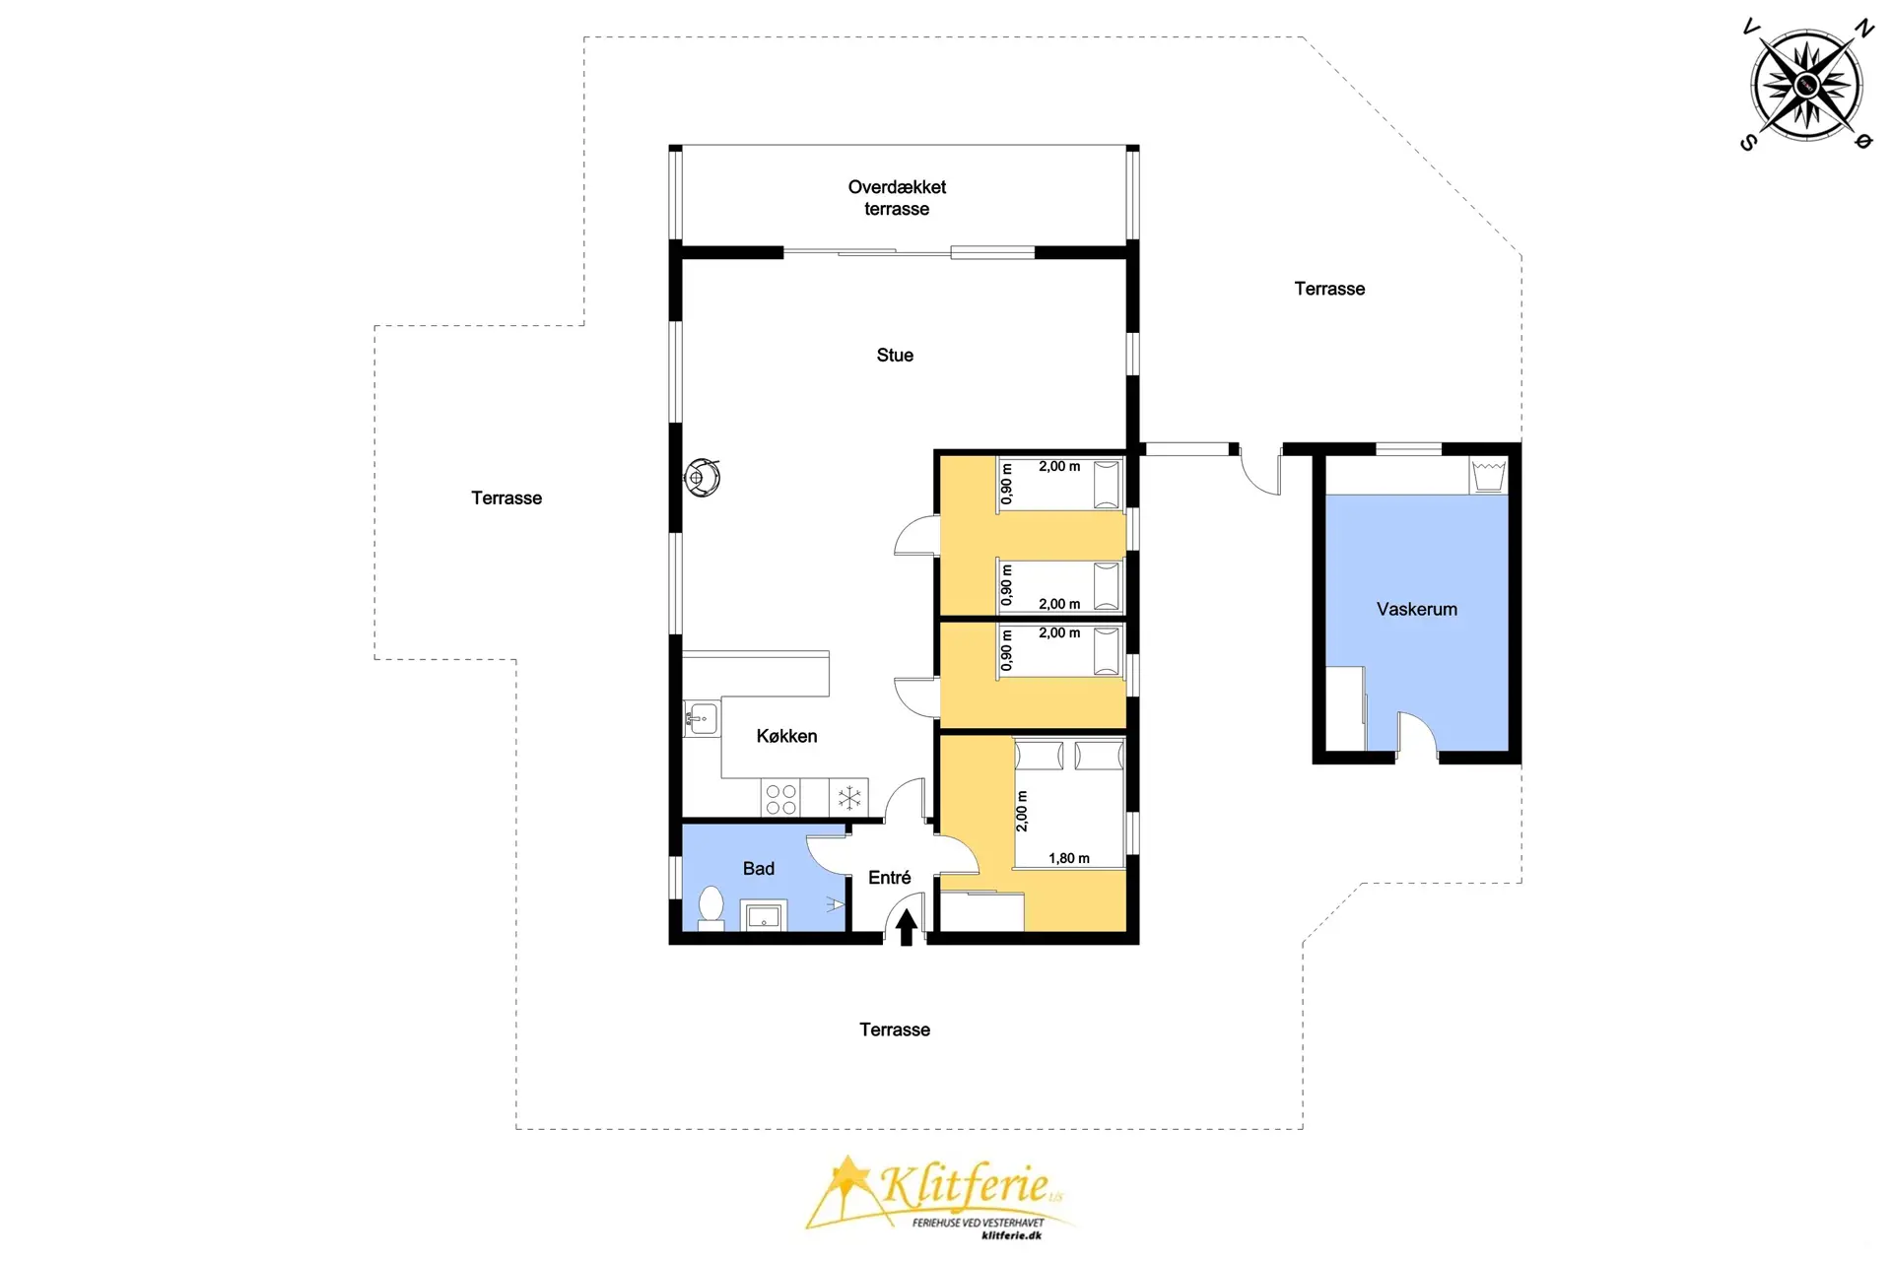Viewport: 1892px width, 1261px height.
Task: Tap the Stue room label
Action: [895, 356]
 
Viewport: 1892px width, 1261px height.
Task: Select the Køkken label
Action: [786, 736]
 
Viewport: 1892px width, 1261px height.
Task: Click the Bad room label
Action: [758, 868]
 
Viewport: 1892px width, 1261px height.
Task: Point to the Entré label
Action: [889, 877]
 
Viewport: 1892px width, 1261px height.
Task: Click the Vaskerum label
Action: [1416, 609]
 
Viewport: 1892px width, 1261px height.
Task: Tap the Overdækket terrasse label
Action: [897, 197]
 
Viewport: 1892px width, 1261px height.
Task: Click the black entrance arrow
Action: [906, 926]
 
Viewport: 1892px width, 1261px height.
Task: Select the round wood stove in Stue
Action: [703, 478]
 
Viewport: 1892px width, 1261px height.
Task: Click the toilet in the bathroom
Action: [710, 907]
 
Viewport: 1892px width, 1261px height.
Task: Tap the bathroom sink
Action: [764, 916]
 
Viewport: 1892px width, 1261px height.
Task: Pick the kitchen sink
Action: [701, 718]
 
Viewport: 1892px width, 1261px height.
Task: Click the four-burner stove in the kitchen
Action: [780, 799]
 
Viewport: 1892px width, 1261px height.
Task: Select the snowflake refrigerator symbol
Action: [848, 798]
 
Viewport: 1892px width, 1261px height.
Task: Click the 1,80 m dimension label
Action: [1069, 858]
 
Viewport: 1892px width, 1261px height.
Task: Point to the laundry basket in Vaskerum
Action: [1488, 475]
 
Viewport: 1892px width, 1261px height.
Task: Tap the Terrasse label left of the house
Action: [507, 498]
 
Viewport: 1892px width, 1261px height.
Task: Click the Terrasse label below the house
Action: [895, 1029]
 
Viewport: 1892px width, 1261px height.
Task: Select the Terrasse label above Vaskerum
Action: [1329, 289]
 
